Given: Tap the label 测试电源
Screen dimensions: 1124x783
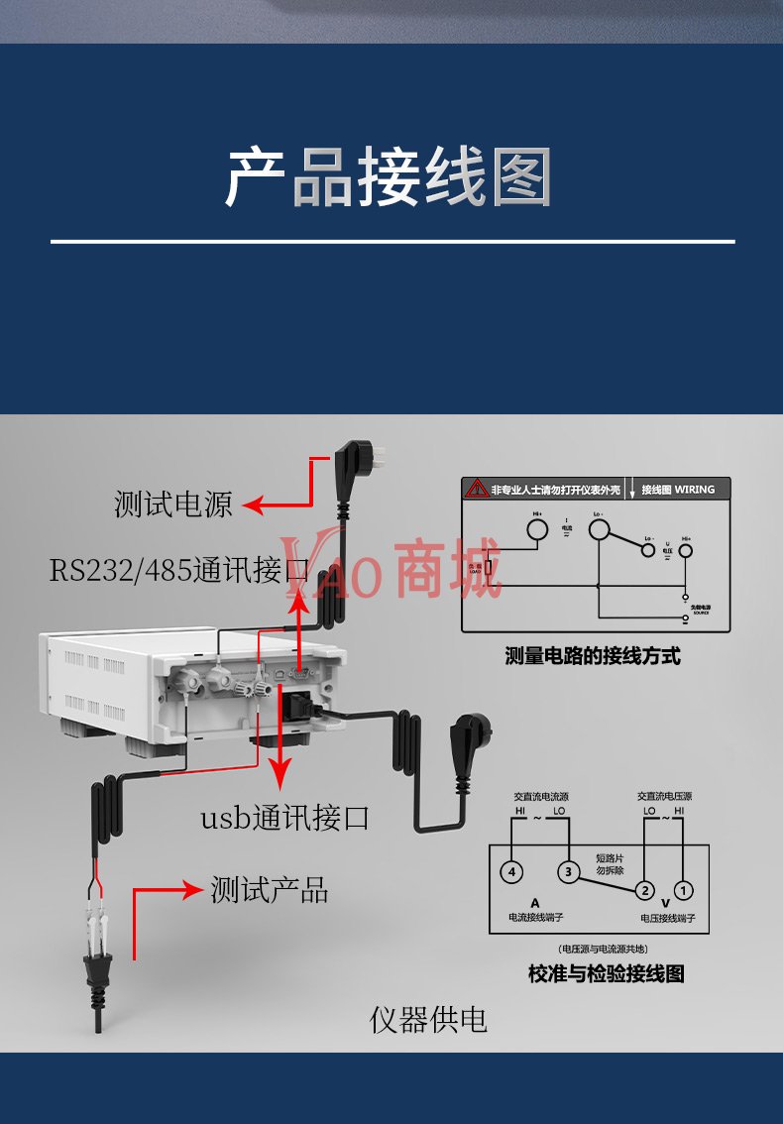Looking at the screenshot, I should point(172,505).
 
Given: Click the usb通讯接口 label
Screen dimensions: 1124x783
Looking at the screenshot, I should point(284,819).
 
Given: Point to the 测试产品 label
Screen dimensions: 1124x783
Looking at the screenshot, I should point(269,889).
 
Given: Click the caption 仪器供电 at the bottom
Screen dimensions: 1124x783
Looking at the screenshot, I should point(428,1019).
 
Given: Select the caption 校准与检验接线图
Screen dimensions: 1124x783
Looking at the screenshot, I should point(606,973).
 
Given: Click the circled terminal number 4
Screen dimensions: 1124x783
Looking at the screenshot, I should point(510,872).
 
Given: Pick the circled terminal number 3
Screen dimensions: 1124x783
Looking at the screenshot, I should point(568,872).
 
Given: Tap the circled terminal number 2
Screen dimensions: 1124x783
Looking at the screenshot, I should point(644,889).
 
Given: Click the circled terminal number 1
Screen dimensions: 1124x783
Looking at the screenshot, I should point(683,889).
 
